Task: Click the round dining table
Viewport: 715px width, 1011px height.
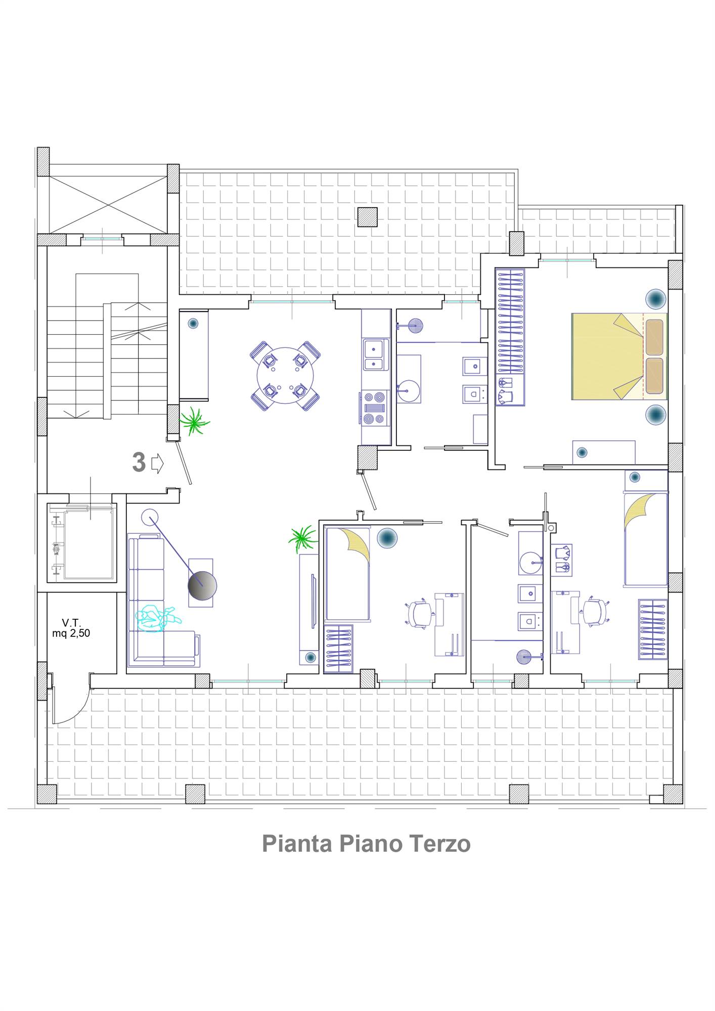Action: pyautogui.click(x=285, y=376)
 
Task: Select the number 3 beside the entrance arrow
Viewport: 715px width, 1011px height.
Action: pyautogui.click(x=139, y=463)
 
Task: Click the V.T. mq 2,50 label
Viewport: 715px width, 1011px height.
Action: pyautogui.click(x=71, y=628)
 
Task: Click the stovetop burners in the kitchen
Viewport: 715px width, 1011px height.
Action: pyautogui.click(x=375, y=407)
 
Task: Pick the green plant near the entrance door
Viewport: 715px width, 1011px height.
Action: pyautogui.click(x=194, y=421)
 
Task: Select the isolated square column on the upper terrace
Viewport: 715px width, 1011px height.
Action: pyautogui.click(x=367, y=217)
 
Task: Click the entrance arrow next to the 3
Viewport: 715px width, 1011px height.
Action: pyautogui.click(x=158, y=463)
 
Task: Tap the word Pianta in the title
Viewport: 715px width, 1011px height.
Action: pyautogui.click(x=297, y=844)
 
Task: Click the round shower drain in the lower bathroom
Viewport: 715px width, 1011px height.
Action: pyautogui.click(x=523, y=657)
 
